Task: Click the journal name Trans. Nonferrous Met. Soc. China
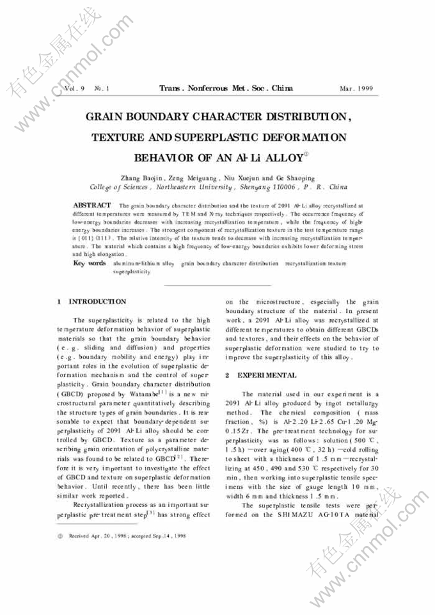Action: pyautogui.click(x=227, y=88)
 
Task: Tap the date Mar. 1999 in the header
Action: pyautogui.click(x=356, y=88)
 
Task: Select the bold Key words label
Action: pyautogui.click(x=90, y=263)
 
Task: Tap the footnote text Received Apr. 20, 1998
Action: pyautogui.click(x=100, y=536)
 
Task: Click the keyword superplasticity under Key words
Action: pyautogui.click(x=131, y=271)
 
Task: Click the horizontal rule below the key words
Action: pyautogui.click(x=217, y=285)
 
